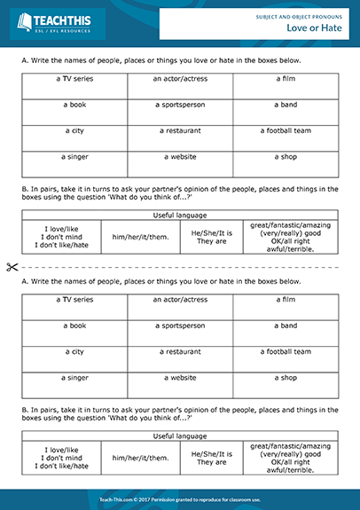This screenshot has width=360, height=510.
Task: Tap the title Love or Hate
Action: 316,28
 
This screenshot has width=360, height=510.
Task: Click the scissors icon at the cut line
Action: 11,266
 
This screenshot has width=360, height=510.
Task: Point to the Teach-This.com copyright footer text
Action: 180,499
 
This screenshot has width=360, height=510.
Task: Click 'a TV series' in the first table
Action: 74,78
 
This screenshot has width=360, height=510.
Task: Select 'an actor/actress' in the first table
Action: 180,78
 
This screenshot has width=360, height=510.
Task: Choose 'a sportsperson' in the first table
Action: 180,105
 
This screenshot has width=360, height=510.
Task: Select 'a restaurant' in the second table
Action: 180,352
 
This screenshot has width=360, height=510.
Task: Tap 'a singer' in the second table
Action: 74,378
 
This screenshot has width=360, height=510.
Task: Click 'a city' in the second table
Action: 74,352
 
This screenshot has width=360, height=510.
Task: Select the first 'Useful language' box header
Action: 180,215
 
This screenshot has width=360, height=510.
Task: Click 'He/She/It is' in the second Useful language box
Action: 211,453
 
